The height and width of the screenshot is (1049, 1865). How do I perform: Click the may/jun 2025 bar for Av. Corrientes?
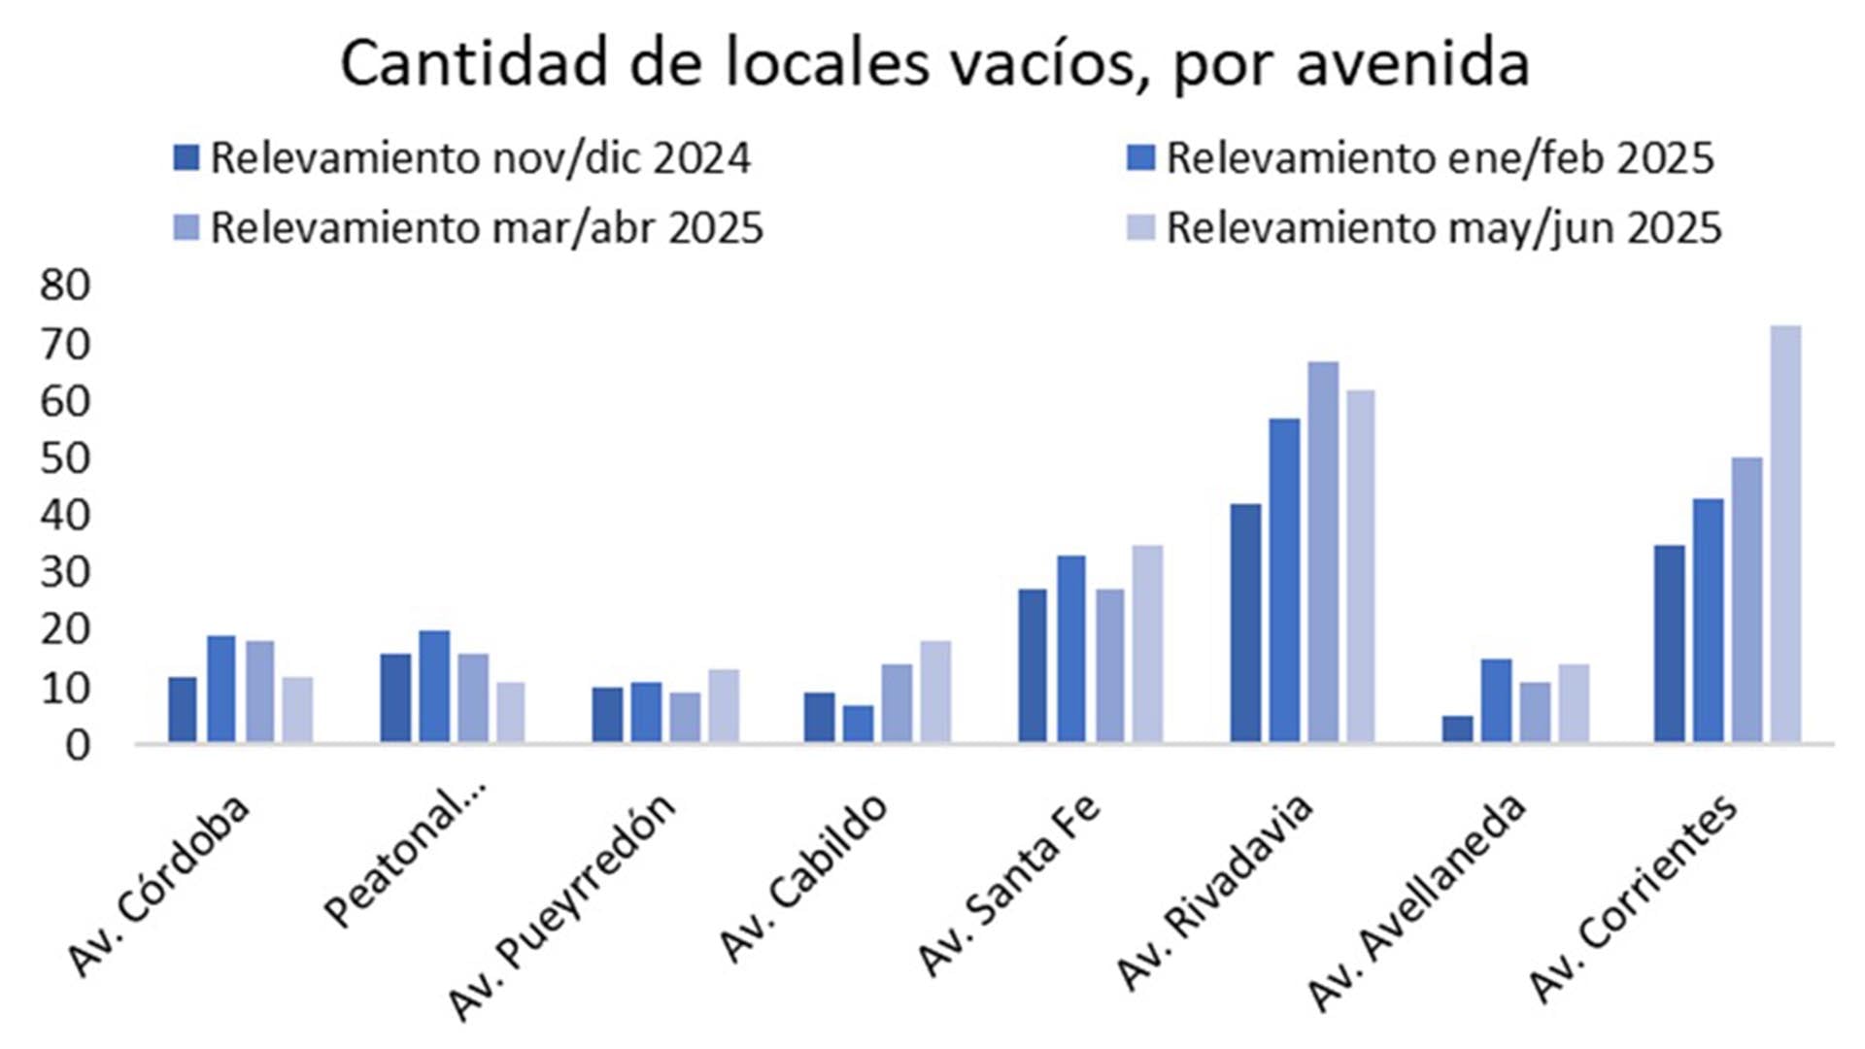coord(1785,534)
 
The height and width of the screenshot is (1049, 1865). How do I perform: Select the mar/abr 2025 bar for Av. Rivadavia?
coord(1323,553)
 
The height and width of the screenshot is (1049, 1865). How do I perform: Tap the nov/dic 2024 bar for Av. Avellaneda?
coord(1457,729)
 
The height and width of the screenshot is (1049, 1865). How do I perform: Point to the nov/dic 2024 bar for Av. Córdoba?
coord(183,710)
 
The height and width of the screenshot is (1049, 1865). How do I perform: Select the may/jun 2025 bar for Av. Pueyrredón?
coord(724,706)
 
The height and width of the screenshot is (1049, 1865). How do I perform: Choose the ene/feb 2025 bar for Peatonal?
coord(434,687)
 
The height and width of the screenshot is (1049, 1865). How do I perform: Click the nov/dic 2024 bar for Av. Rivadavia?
coord(1245,624)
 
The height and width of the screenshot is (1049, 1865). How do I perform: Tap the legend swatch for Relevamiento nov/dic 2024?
coord(186,158)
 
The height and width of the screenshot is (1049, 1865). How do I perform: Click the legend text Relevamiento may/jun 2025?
coord(1443,228)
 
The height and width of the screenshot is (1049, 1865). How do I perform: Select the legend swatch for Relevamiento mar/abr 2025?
coord(186,228)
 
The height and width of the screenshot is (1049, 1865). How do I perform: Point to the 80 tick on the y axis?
coord(65,286)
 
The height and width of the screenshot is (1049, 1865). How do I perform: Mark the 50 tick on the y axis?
coord(65,458)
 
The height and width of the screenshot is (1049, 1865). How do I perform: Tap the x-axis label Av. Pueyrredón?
coord(561,908)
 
